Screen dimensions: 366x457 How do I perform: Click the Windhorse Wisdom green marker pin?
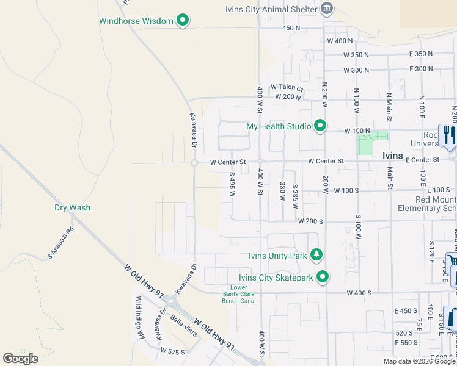[x=182, y=21]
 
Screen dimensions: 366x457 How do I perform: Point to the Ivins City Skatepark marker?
[x=323, y=277]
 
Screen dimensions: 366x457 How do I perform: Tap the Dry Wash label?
[x=72, y=207]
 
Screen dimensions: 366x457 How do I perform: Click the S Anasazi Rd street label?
[x=60, y=242]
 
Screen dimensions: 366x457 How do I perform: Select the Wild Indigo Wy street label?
[x=140, y=309]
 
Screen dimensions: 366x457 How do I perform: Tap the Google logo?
[x=20, y=359]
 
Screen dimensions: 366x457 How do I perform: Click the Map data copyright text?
[x=419, y=361]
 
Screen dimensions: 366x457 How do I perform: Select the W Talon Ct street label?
[x=287, y=88]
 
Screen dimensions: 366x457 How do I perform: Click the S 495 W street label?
[x=232, y=184]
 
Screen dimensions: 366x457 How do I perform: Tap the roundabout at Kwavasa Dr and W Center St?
[x=194, y=163]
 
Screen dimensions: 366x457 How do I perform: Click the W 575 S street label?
[x=173, y=351]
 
